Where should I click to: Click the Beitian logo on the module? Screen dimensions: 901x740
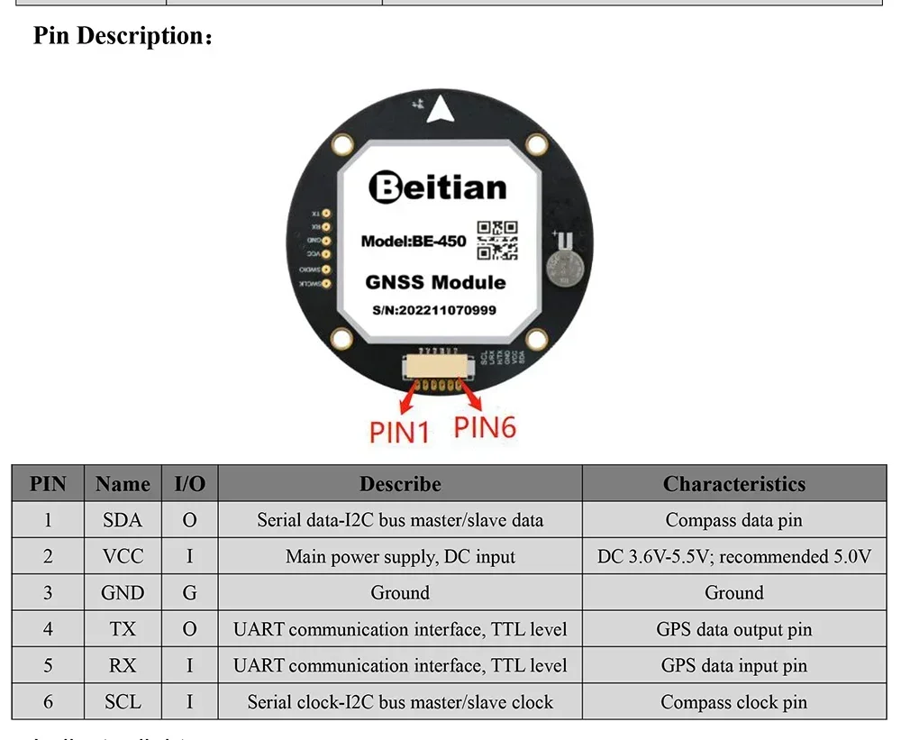[x=438, y=187]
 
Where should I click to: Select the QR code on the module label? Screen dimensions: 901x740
[x=496, y=241]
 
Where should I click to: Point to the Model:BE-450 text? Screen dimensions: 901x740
[x=414, y=241]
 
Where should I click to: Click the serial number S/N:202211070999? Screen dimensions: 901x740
[x=434, y=309]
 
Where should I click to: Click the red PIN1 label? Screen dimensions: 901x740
[x=400, y=432]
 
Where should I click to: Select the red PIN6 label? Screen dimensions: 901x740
[x=485, y=426]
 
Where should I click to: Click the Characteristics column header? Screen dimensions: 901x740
[x=733, y=484]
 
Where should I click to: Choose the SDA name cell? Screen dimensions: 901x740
[x=123, y=520]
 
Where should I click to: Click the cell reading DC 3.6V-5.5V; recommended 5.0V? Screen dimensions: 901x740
[x=733, y=556]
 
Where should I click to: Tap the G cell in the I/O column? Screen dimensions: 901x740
[x=189, y=593]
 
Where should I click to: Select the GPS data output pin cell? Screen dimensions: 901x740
[x=733, y=629]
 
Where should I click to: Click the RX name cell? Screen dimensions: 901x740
[x=123, y=665]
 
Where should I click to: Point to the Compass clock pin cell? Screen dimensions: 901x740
[x=733, y=702]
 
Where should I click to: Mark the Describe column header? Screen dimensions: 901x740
[x=400, y=484]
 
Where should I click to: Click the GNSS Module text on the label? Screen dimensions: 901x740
[x=435, y=282]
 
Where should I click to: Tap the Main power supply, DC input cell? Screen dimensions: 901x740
[x=400, y=556]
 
